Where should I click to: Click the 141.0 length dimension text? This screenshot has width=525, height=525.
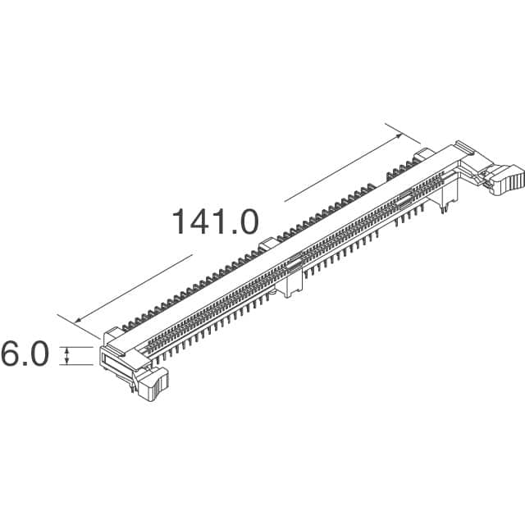[x=215, y=221]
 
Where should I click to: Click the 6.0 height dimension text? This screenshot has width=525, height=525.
[x=24, y=354]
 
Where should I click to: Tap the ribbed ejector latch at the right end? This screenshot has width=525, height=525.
[x=506, y=179]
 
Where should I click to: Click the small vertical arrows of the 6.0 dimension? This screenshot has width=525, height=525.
[x=67, y=354]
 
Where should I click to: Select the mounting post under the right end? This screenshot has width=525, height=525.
[x=445, y=200]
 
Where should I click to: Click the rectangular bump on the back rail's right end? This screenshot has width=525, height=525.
[x=422, y=154]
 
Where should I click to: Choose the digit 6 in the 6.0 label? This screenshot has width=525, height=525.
[x=11, y=354]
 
